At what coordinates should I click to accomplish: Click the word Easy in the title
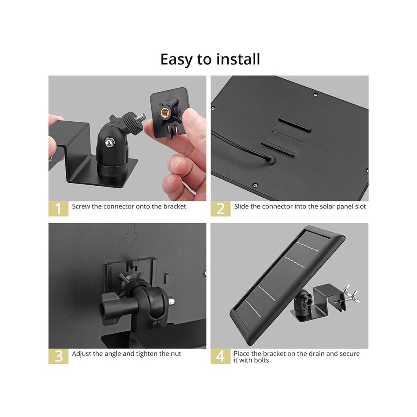176,59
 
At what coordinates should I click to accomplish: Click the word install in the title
238,59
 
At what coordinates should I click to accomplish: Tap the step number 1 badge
58,209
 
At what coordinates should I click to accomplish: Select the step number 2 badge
220,209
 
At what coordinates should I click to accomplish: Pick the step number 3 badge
58,356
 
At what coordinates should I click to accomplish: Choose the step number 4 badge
220,356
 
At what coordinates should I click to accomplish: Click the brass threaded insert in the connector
165,113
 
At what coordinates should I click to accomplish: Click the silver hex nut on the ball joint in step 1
108,142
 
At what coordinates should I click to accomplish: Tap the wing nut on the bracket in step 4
351,294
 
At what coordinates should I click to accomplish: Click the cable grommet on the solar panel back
270,160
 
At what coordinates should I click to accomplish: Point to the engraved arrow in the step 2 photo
320,150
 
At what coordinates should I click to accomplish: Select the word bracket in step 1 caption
175,206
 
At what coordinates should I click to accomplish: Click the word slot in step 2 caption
361,206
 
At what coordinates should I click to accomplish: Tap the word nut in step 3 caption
176,354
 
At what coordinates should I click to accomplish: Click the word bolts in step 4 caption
262,360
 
